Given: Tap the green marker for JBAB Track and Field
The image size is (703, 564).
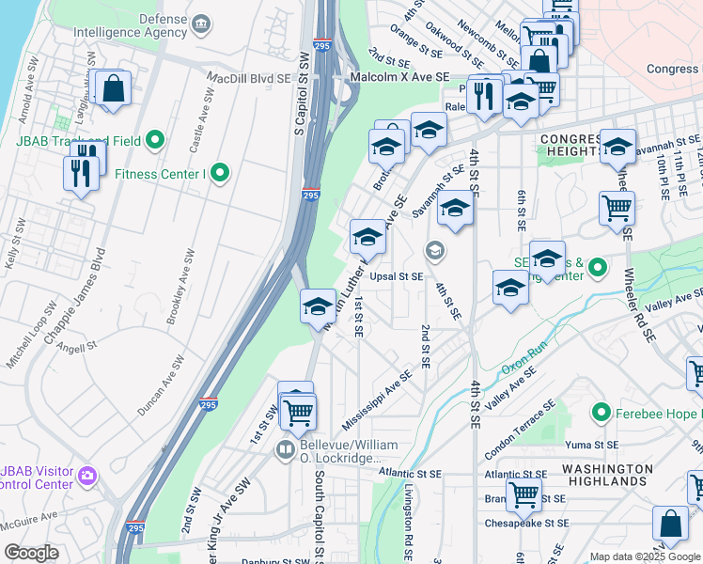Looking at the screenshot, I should point(156,141).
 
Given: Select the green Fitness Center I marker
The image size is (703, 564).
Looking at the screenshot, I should point(220,173).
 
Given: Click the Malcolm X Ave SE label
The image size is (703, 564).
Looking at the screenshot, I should point(398,79).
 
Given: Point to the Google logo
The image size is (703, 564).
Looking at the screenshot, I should point(32,553).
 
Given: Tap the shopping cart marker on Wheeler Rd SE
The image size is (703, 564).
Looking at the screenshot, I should point(617,208).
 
